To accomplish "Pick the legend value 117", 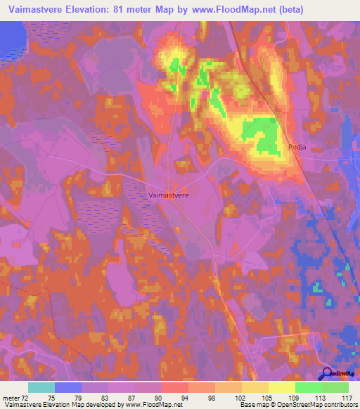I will coord(346,397).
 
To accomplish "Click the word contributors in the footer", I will coord(337,405).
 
